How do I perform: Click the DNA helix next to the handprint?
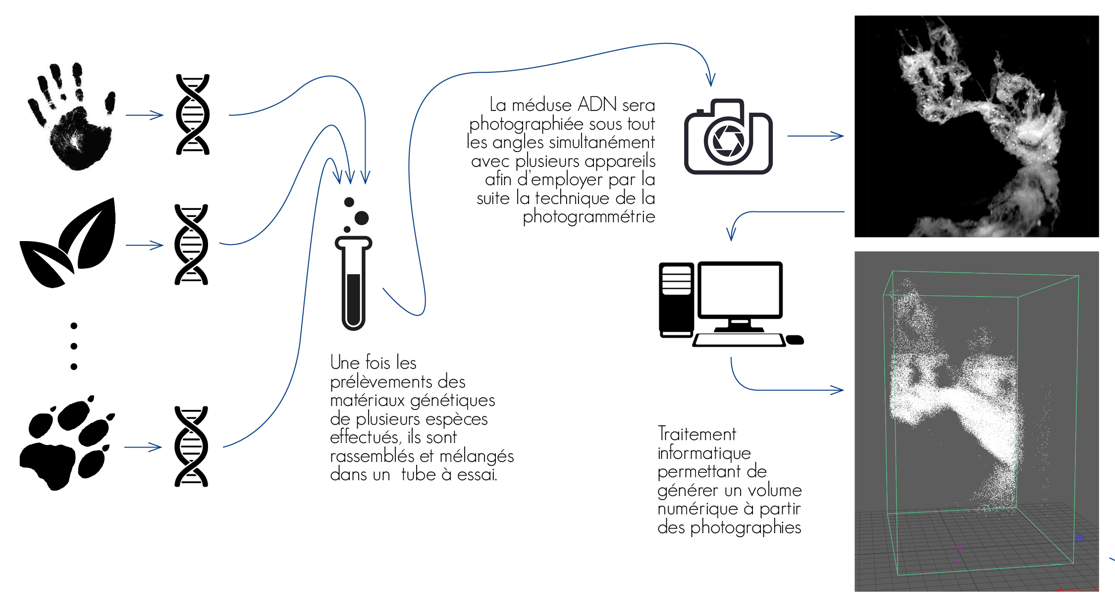coord(193,115)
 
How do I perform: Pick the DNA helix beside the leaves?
coord(191,245)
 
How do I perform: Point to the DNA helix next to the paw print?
coord(191,447)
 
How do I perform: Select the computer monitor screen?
coord(740,290)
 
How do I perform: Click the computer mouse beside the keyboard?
coord(795,340)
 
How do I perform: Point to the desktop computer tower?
coord(676,300)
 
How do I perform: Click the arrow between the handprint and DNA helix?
coord(144,115)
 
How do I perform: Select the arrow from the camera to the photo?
coord(815,136)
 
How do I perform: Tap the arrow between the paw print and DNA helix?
coord(143,447)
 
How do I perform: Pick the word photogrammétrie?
coord(588,217)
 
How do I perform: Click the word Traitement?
coord(696,434)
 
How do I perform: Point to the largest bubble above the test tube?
coord(362,218)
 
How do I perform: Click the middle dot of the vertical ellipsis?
coord(74,346)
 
